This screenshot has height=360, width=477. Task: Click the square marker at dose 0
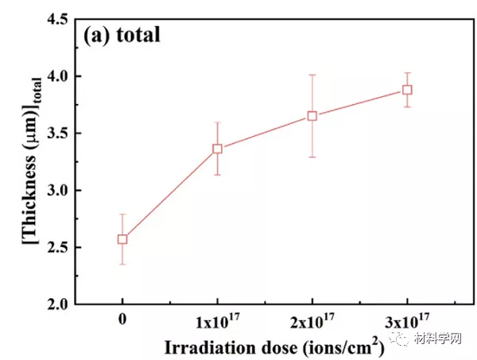coord(122,238)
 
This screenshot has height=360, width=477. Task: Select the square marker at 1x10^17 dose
coord(217,149)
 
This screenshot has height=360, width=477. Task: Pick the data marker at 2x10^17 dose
coord(312,116)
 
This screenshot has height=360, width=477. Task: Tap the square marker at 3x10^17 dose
coord(407,90)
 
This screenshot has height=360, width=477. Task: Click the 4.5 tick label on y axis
coord(59,20)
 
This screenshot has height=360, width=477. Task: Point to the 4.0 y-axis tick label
coord(59,77)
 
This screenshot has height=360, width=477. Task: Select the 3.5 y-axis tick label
coord(59,134)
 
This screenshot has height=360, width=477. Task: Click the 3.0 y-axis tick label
coord(59,191)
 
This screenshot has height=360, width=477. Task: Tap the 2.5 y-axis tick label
coord(59,248)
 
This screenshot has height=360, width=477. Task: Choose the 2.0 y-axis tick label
coord(59,305)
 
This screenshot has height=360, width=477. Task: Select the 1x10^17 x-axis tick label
coord(217,322)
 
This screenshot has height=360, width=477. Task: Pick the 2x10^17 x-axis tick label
coord(312,322)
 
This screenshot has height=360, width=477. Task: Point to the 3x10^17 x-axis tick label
coord(407,322)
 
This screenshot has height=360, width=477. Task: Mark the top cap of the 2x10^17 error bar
coord(312,75)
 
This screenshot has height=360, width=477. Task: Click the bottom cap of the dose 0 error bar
coord(122,264)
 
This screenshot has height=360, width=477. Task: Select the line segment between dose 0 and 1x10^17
coord(170,193)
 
